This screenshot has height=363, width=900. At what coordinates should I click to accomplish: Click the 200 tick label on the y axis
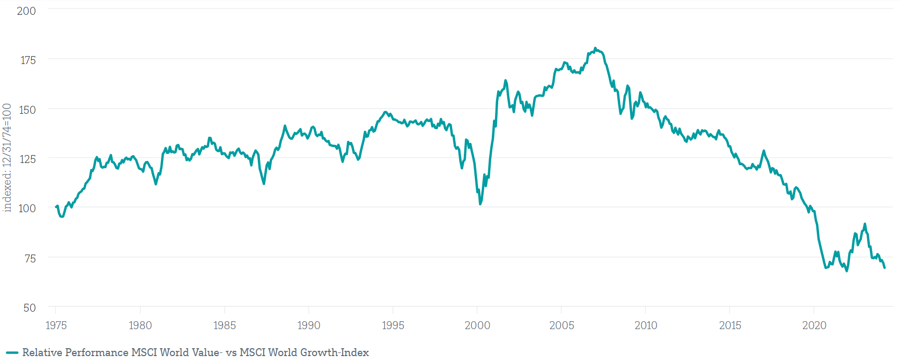(x=26, y=11)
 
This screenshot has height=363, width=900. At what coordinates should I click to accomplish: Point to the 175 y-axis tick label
(x=28, y=60)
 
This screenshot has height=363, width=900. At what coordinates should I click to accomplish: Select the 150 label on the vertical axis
(x=27, y=110)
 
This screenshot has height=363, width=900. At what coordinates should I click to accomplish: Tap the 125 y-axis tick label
(x=27, y=159)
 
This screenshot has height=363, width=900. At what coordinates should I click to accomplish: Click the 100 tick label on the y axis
(x=27, y=208)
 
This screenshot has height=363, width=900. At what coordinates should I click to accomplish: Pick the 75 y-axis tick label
(x=30, y=258)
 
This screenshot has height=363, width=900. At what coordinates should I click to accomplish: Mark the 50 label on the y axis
(x=30, y=308)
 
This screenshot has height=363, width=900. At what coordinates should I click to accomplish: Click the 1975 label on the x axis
(x=56, y=325)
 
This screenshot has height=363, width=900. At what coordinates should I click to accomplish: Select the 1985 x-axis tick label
(x=224, y=325)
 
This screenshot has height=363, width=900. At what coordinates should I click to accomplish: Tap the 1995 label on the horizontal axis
(x=393, y=325)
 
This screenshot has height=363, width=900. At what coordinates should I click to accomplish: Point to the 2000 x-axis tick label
(x=477, y=325)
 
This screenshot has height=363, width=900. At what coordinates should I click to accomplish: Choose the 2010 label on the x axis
(x=645, y=325)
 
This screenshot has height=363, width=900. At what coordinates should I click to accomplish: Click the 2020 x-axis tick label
(x=814, y=325)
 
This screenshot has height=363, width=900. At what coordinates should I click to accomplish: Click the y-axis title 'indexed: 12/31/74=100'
(x=7, y=158)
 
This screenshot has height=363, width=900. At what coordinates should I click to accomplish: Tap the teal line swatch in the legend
(x=12, y=353)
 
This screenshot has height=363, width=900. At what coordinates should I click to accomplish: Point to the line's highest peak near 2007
(x=595, y=48)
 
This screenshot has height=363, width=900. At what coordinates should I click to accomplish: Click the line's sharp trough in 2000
(x=480, y=204)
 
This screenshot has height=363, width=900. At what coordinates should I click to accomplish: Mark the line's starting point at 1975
(x=56, y=207)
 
